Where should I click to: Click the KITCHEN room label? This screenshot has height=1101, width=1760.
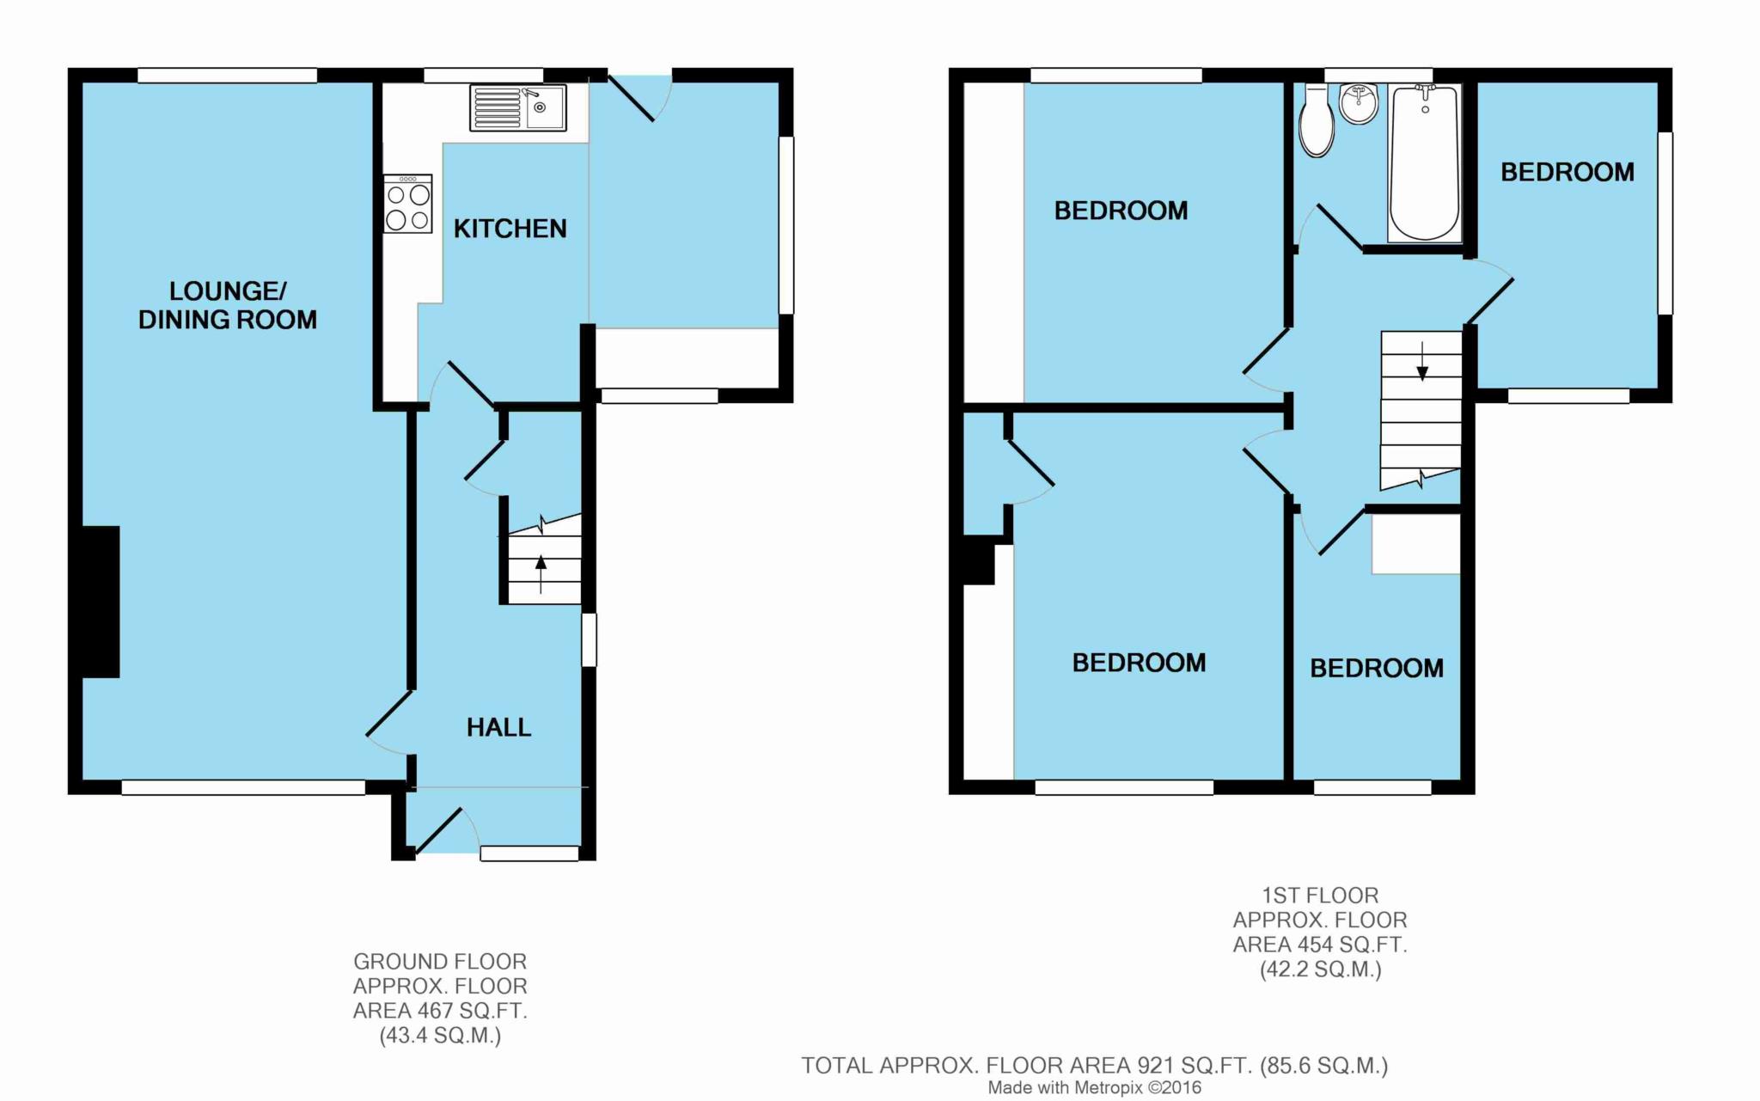point(510,229)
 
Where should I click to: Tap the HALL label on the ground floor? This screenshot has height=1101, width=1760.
point(498,727)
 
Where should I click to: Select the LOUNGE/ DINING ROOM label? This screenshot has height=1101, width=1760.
point(228,305)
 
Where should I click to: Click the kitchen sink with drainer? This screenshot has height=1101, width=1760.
point(517,107)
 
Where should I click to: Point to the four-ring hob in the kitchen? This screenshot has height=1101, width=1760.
point(408,204)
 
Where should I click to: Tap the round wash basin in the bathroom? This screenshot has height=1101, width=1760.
point(1359,103)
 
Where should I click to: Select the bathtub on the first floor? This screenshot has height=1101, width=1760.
point(1424,162)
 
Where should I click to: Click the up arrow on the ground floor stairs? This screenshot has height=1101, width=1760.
point(541,574)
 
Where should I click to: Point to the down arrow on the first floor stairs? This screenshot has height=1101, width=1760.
point(1422,361)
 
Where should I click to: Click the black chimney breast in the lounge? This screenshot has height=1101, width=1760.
point(101,602)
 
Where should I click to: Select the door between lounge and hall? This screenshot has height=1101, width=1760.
point(388,713)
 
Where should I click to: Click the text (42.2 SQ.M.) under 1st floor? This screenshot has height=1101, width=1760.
point(1321,969)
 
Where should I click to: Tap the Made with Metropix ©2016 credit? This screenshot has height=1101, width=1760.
point(1095,1088)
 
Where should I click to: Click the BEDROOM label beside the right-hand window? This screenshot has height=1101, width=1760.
point(1567,172)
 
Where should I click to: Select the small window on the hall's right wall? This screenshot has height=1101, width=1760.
point(589,639)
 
